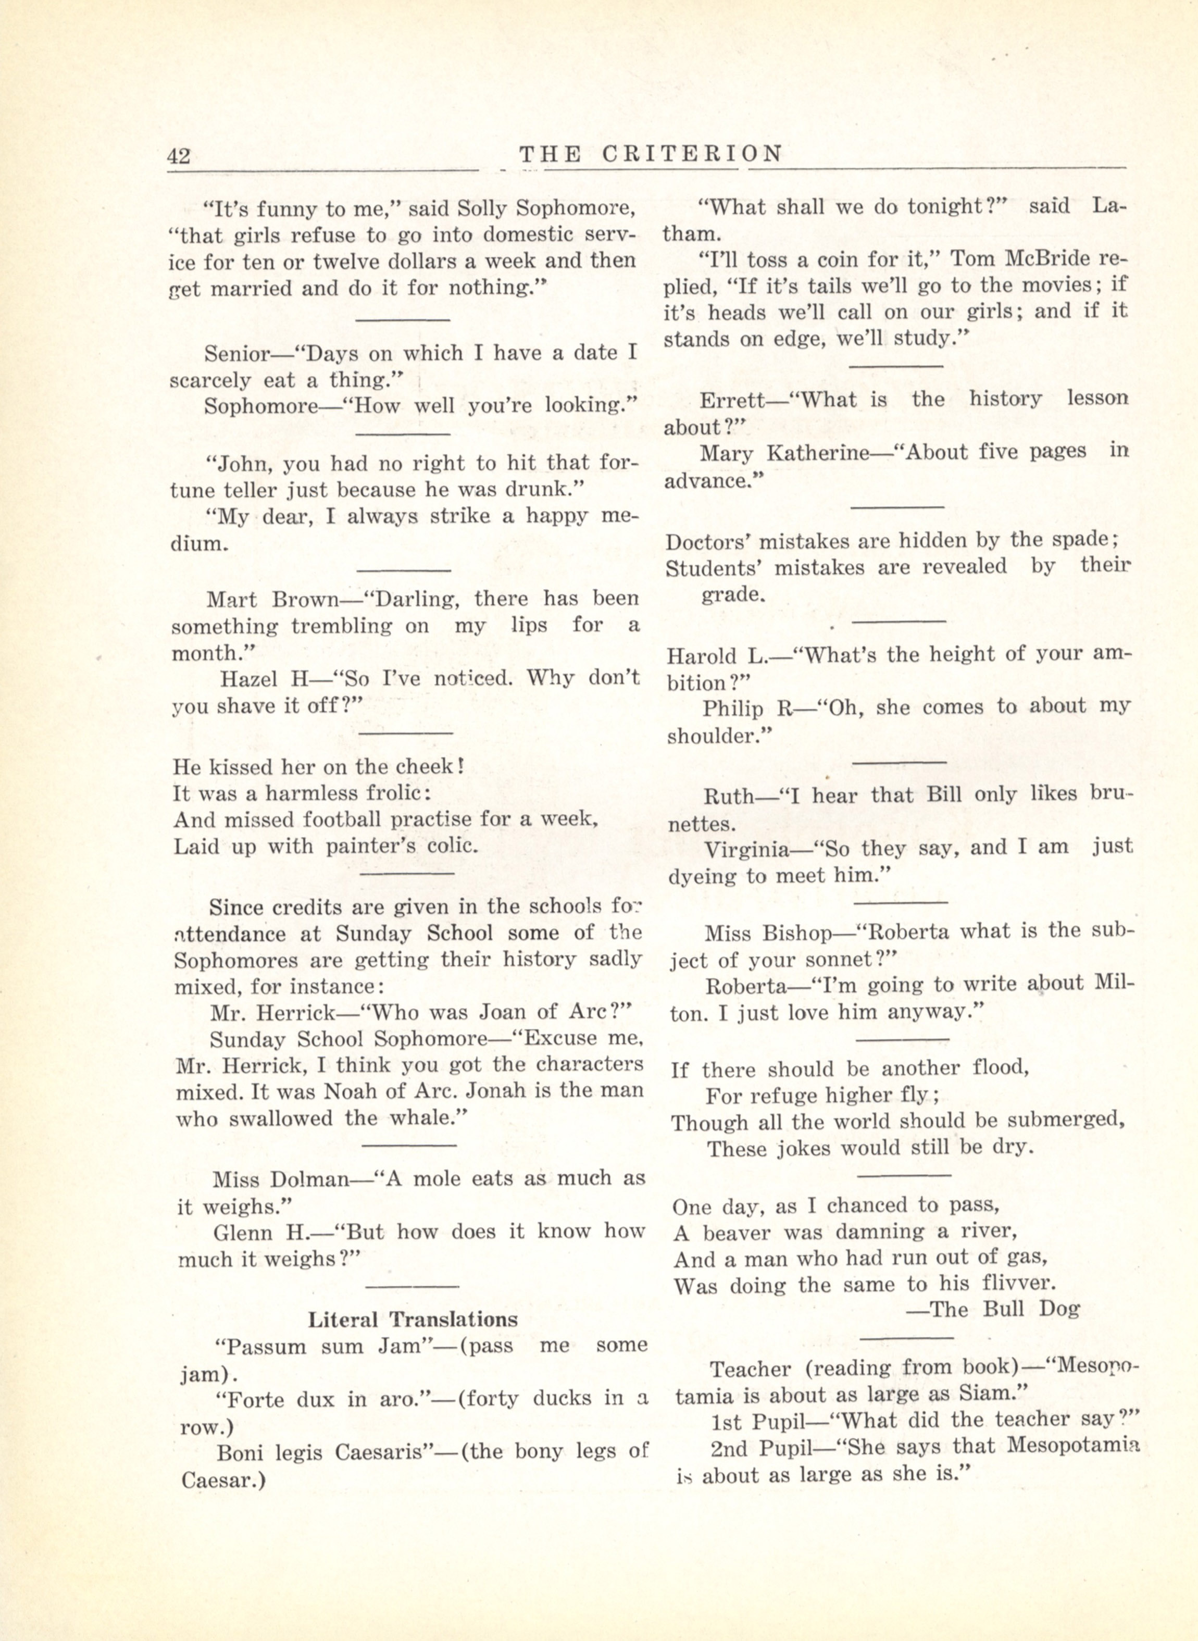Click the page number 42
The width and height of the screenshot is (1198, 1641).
click(x=178, y=156)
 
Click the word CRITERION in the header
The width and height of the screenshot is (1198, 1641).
click(x=693, y=154)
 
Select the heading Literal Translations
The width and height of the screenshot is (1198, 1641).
click(x=413, y=1319)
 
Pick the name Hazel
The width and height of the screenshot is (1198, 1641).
click(x=245, y=678)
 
